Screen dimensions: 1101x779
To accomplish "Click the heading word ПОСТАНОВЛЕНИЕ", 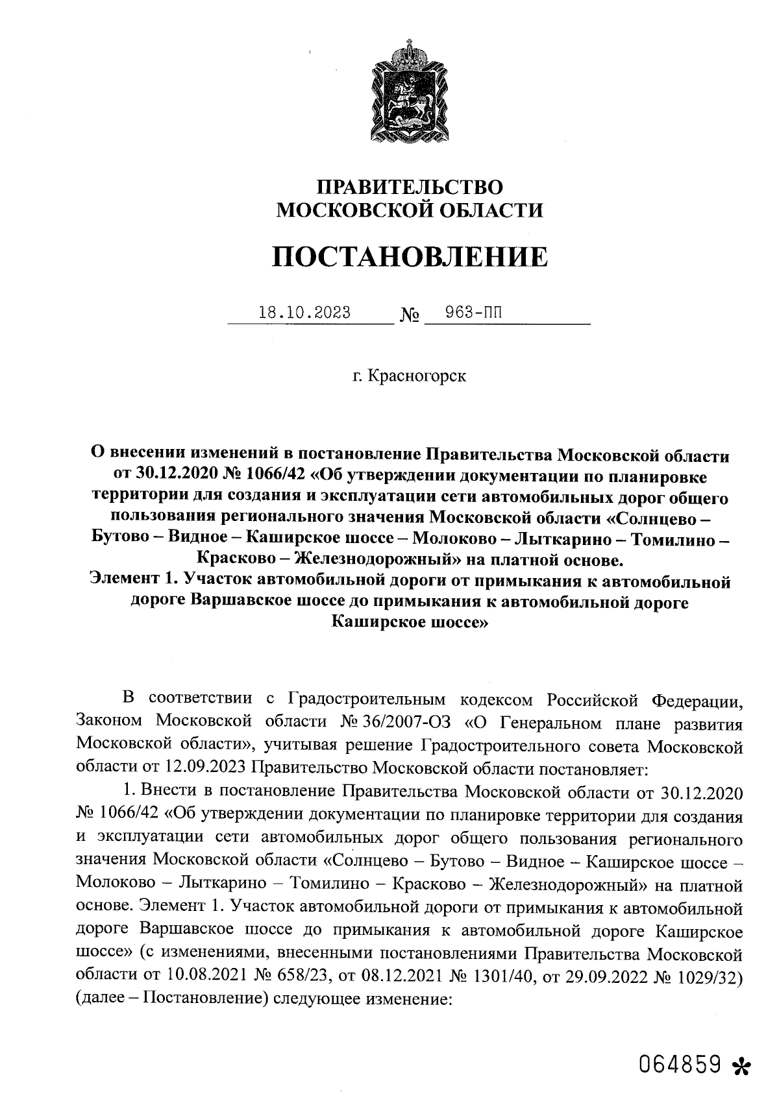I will tap(409, 258).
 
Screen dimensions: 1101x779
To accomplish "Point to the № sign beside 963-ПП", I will tap(410, 316).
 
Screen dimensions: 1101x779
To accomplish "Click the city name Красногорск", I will tap(417, 376).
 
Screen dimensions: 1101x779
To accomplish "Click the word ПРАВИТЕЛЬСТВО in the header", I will tap(409, 188).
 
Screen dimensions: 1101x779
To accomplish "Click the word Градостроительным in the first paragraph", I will tap(367, 700).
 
